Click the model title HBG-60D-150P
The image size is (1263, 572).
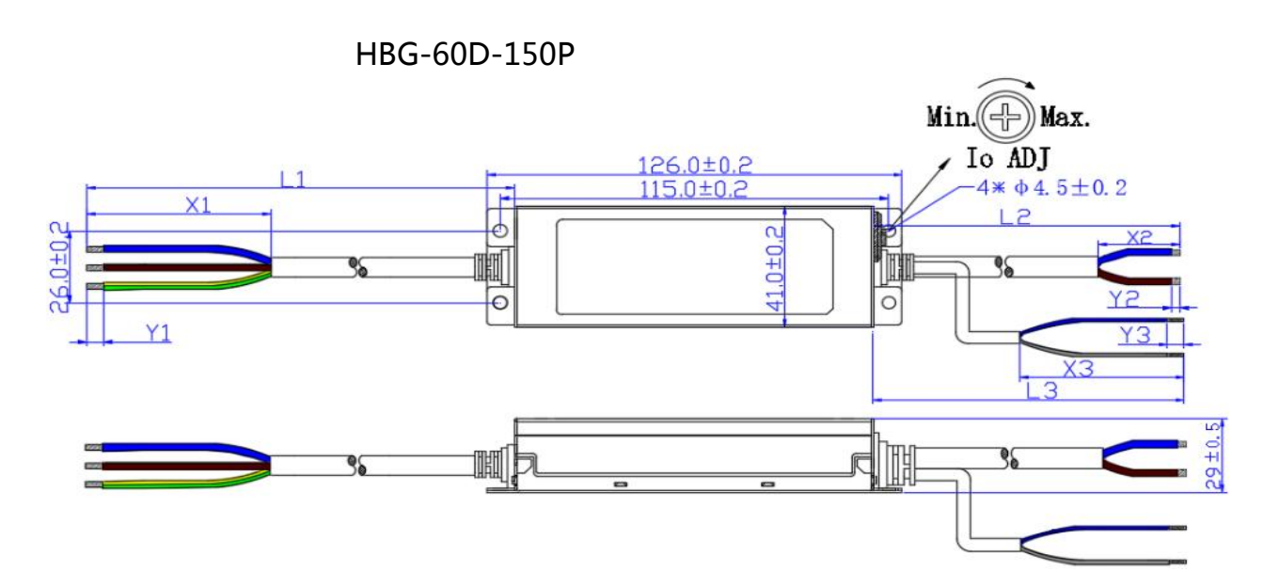point(466,55)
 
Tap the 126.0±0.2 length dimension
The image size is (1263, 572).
point(695,166)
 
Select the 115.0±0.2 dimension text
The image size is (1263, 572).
point(693,189)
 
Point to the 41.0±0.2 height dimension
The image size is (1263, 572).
point(775,268)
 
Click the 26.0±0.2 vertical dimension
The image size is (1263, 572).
point(59,267)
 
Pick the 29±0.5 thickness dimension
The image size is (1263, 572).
point(1213,455)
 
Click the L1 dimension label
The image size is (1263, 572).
point(292,180)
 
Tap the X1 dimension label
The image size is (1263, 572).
point(197,205)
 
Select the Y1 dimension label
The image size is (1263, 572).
point(158,333)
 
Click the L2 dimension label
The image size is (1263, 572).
point(1015,216)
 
